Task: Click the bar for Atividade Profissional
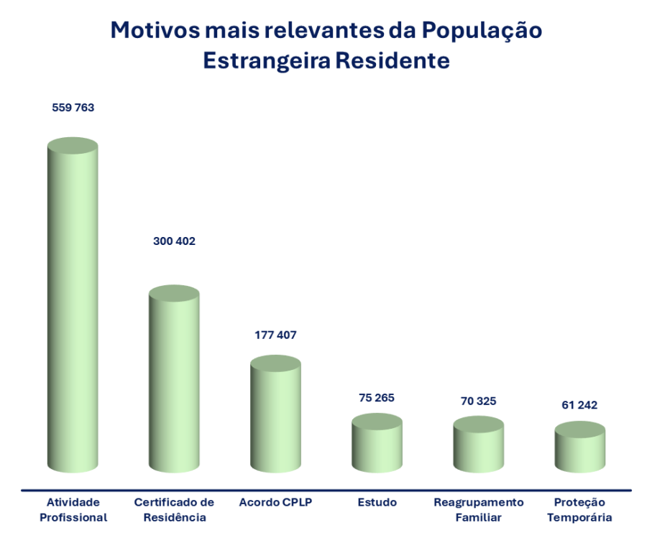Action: pyautogui.click(x=72, y=309)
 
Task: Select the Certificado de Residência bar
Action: pyautogui.click(x=173, y=381)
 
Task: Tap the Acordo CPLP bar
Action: pyautogui.click(x=275, y=417)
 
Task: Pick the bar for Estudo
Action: pyautogui.click(x=377, y=445)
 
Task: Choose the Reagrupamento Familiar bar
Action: pyautogui.click(x=478, y=447)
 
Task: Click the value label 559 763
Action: pyautogui.click(x=73, y=108)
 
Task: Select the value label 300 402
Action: pyautogui.click(x=174, y=241)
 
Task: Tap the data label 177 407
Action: pyautogui.click(x=275, y=335)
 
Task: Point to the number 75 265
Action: pyautogui.click(x=377, y=397)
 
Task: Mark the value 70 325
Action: pyautogui.click(x=478, y=401)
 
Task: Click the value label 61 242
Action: pyautogui.click(x=579, y=405)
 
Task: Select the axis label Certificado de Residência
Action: pyautogui.click(x=174, y=509)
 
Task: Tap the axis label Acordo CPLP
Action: pyautogui.click(x=275, y=502)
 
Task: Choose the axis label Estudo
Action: pyautogui.click(x=377, y=502)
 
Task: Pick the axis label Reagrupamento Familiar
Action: pyautogui.click(x=478, y=509)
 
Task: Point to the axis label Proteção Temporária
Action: pyautogui.click(x=579, y=509)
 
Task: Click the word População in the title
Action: pyautogui.click(x=482, y=31)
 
